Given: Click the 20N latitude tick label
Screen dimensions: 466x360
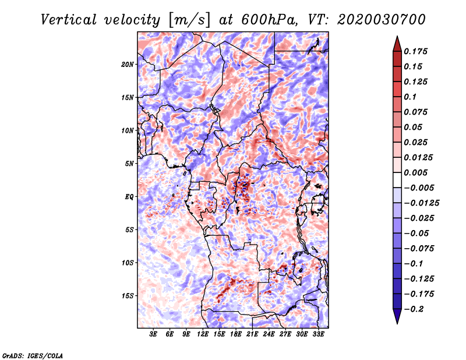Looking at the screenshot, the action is [x=128, y=65].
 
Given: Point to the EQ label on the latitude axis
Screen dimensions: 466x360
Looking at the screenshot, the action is [x=129, y=197].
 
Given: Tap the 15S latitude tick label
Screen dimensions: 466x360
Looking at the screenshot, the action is [x=128, y=296].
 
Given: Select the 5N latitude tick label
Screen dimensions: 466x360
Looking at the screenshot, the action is [x=129, y=164].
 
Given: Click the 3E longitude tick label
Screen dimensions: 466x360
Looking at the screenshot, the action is [x=153, y=334].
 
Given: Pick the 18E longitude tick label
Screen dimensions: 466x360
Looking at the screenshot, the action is [x=236, y=334].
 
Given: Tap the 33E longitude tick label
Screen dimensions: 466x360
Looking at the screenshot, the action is [x=318, y=334].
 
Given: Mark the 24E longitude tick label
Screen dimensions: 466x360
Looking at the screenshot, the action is [x=269, y=334].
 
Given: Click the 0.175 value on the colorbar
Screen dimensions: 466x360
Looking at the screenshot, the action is [x=415, y=51].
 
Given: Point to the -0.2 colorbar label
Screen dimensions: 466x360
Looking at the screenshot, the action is [x=414, y=309].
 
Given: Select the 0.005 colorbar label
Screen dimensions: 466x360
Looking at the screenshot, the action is [x=415, y=172].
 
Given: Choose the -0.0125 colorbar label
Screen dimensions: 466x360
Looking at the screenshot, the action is [x=421, y=203].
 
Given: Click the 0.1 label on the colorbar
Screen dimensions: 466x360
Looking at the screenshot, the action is [x=410, y=97].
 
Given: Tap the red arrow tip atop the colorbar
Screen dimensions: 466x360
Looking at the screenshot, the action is [x=397, y=36].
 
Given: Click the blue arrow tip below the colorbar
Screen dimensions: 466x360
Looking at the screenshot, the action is [x=397, y=323].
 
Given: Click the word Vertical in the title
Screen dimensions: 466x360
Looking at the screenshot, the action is [x=68, y=20].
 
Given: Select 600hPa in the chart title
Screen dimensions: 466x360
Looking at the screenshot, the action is [x=269, y=20].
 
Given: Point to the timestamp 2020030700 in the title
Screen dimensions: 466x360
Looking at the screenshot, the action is [x=382, y=20].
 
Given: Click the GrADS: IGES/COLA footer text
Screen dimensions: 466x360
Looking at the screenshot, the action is [x=33, y=356].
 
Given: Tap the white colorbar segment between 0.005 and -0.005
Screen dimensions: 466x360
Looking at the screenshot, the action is [x=397, y=180].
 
